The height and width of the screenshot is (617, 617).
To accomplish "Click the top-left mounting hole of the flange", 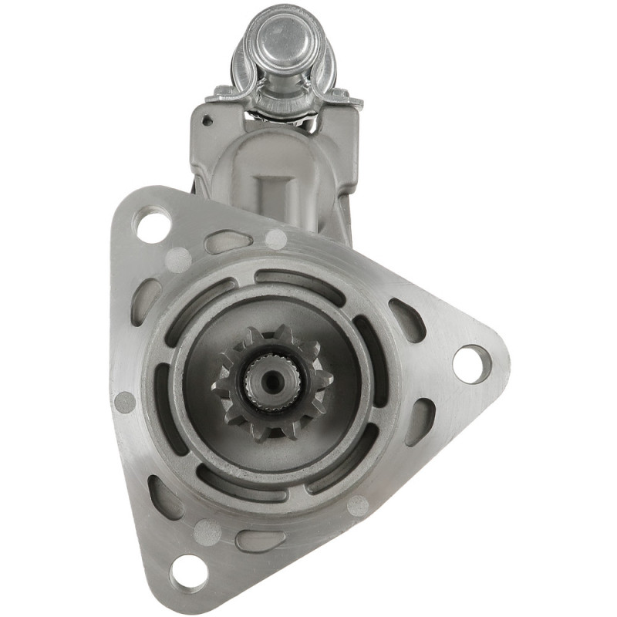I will tap(152, 224).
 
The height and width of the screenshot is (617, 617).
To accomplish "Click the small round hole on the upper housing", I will tap(207, 120).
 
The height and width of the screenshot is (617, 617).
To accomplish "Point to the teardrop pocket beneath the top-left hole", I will tap(147, 302).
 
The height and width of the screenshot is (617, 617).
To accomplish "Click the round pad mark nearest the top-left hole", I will tap(179, 258).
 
